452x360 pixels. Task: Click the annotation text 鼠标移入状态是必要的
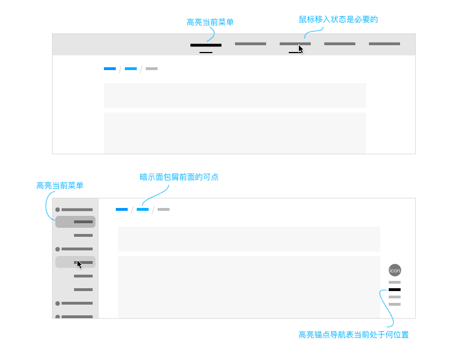(x=338, y=19)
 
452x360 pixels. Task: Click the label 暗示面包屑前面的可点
(x=179, y=177)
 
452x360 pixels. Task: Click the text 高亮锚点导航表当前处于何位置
(x=353, y=335)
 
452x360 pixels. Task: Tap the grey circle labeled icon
(x=395, y=271)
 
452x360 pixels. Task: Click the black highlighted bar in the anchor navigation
(x=394, y=289)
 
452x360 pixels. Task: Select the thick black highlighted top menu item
(x=206, y=45)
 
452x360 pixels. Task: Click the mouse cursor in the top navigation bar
(x=301, y=49)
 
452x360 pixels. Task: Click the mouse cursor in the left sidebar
(x=80, y=264)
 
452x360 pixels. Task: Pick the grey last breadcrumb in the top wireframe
(x=151, y=69)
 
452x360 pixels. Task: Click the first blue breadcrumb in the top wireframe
(x=110, y=69)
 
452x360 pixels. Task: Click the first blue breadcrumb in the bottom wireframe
(x=121, y=210)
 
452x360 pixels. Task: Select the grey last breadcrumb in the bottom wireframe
(x=163, y=210)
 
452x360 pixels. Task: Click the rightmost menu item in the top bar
(x=384, y=44)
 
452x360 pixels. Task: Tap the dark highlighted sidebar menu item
(x=75, y=222)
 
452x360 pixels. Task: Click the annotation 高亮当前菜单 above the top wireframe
(x=210, y=23)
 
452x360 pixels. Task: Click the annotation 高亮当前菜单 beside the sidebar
(x=59, y=185)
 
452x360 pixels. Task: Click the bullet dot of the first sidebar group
(x=58, y=210)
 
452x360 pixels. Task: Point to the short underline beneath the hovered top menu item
(x=294, y=52)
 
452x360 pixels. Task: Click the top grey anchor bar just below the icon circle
(x=394, y=282)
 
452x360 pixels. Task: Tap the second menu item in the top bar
(x=250, y=44)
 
